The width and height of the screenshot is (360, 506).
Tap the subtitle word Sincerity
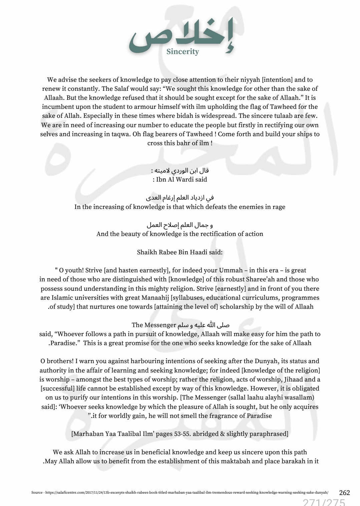183,52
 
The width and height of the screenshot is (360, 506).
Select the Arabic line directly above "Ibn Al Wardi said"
180,171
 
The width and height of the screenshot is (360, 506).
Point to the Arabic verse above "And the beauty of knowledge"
180,225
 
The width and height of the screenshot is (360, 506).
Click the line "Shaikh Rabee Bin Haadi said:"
179,252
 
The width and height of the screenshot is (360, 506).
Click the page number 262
344,493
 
